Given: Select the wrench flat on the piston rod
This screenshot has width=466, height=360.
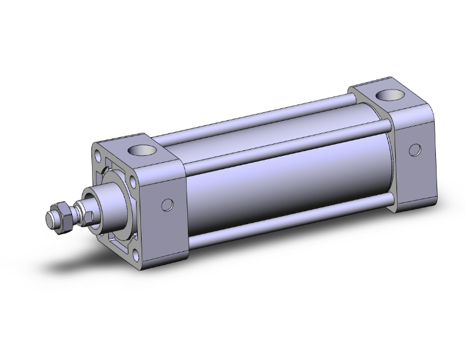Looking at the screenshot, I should [90, 216].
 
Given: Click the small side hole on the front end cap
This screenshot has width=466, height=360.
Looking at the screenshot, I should [167, 204].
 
